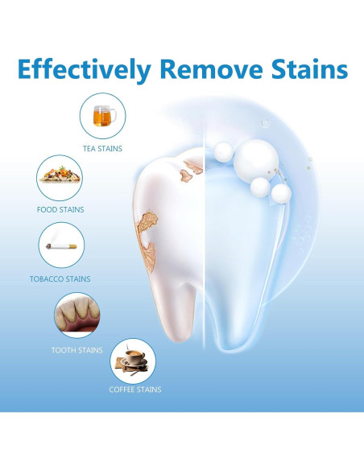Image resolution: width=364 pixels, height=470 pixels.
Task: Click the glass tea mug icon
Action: [x=102, y=116]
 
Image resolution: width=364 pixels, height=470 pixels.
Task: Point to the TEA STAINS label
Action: [x=102, y=148]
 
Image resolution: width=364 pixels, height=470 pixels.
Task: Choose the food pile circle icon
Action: [x=60, y=176]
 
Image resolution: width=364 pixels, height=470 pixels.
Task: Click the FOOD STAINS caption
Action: [x=60, y=209]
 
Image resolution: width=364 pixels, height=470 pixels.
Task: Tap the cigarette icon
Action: [x=62, y=245]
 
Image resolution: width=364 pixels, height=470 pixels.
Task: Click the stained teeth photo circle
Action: [x=77, y=315]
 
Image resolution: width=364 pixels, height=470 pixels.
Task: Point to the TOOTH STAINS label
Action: [x=77, y=350]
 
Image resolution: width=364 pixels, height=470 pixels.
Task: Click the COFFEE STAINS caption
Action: [x=134, y=390]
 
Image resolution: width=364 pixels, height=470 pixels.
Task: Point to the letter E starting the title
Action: [x=26, y=68]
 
